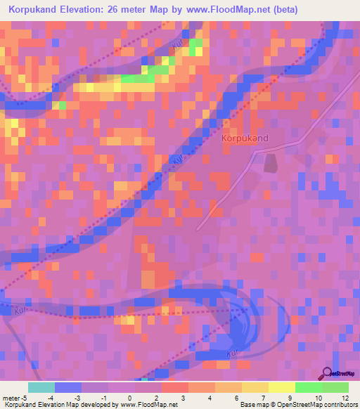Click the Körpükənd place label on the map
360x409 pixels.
(245, 138)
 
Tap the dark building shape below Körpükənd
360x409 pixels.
(271, 164)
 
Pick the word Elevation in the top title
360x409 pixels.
(84, 10)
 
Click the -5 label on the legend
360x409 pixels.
(24, 397)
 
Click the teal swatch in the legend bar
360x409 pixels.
(41, 387)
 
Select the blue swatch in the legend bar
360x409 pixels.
(67, 387)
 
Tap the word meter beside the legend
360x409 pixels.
(10, 397)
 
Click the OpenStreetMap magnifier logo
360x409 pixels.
(327, 374)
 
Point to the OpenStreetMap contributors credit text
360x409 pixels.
(309, 405)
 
